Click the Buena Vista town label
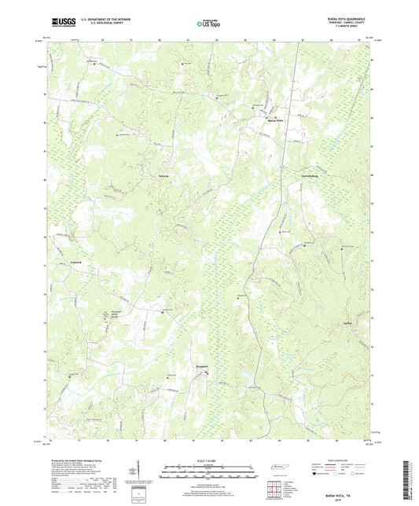point(272,122)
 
